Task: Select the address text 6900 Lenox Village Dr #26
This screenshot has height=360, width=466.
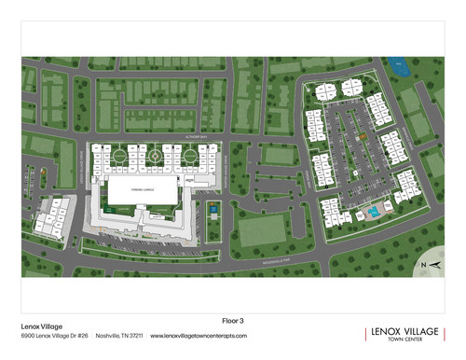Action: (x=54, y=336)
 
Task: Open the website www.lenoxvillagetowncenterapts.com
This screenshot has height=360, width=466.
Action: (x=199, y=336)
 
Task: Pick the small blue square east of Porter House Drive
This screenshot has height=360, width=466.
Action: (x=213, y=211)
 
